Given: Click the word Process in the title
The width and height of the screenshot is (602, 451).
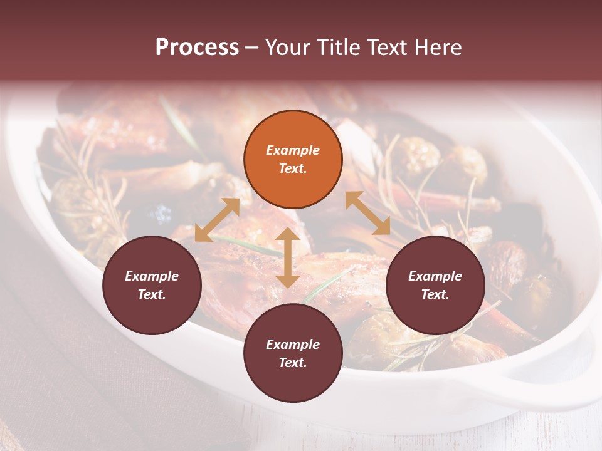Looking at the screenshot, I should pos(197,48).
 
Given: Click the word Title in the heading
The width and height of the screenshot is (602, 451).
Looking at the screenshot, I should pos(334,48).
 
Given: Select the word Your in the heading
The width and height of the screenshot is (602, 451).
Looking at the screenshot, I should pos(288,48).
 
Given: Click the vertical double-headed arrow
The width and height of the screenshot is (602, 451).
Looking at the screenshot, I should pos(288,257).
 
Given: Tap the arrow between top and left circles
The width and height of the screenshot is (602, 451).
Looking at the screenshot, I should pos(217,219).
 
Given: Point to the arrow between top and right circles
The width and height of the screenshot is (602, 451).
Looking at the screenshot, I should pos(367,213).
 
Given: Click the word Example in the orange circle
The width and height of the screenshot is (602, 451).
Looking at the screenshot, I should pos(293,150).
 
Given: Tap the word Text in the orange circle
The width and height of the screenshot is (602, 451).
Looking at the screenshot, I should pos(293,168).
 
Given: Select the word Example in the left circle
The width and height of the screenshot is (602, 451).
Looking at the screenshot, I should pos(152,276).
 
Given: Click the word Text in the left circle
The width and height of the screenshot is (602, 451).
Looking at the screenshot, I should pos(152,294).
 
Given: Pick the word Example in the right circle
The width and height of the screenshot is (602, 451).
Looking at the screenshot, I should pos(435,276).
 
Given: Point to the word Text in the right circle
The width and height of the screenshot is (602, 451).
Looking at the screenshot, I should pos(435,294).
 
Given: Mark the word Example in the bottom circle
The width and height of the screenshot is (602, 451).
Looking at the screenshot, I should pos(293,345).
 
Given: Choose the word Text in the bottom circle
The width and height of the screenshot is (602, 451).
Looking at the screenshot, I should pos(293,363).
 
